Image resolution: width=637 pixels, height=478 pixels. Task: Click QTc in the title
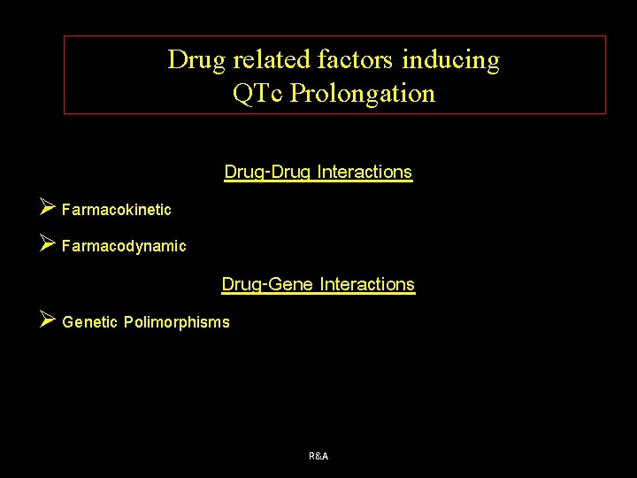257,93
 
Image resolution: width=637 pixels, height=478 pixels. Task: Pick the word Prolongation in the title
362,93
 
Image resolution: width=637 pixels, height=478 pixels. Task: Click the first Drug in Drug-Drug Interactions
242,172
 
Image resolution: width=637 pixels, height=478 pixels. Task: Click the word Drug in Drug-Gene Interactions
239,285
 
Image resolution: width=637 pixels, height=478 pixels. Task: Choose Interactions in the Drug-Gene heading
367,285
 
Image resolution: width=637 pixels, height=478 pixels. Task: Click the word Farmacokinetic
117,210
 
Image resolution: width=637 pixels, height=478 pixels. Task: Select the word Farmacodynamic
124,246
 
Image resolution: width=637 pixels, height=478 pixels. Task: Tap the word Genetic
90,322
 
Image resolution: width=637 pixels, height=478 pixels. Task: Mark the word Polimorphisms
176,322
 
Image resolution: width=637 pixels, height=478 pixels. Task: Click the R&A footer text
318,456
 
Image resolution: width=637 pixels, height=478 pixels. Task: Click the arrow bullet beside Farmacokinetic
48,209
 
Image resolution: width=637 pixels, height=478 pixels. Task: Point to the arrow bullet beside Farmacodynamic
48,244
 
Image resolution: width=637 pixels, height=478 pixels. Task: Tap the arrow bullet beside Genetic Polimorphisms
48,320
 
